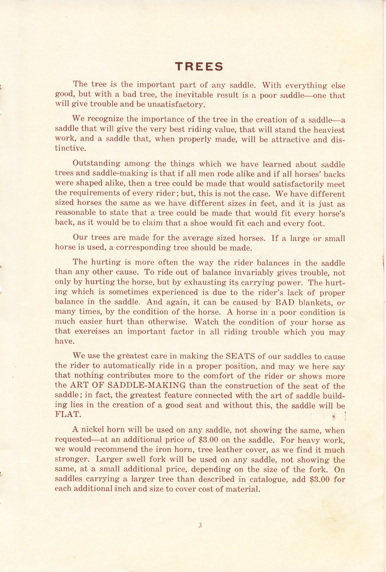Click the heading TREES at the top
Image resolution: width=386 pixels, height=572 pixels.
tap(199, 67)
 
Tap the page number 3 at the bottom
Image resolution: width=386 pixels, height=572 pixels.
tap(200, 526)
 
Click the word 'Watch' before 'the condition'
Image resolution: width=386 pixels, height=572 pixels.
tap(207, 322)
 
